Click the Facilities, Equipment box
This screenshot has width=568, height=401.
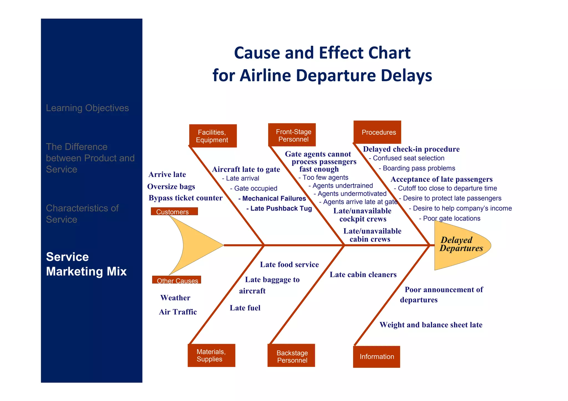coord(213,136)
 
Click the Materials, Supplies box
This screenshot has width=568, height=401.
coord(211,355)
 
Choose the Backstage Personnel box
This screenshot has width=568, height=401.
coord(291,356)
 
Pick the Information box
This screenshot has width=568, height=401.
coord(376,357)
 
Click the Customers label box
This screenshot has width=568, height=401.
coord(174,211)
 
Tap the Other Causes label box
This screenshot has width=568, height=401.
coord(177,280)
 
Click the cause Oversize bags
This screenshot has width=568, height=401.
coord(171,187)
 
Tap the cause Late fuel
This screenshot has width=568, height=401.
coord(245,308)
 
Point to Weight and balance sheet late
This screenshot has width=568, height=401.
coord(431,325)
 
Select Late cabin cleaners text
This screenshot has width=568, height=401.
coord(363,275)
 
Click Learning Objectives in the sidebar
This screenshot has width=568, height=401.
coord(87,108)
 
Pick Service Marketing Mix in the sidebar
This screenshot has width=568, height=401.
coord(86,264)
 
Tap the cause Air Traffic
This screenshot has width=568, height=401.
coord(178,312)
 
